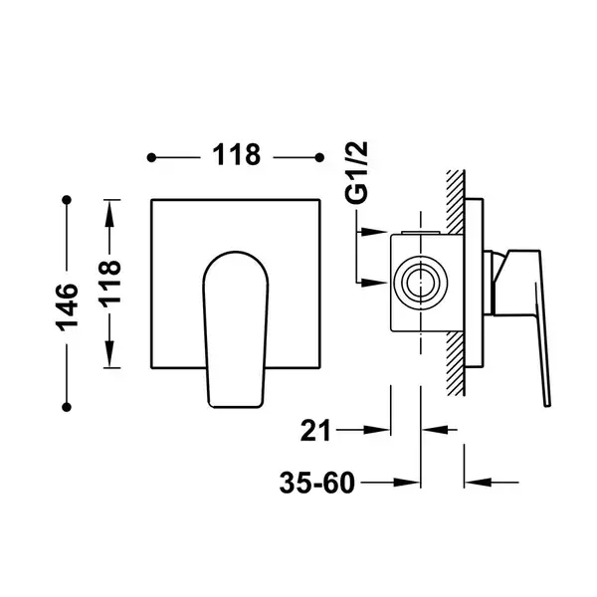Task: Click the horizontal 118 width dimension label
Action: click(x=236, y=155)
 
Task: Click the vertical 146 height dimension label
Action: click(x=67, y=306)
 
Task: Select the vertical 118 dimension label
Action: click(x=109, y=284)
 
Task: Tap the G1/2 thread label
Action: click(x=356, y=172)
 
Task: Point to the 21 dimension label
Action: click(x=315, y=431)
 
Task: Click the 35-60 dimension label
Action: click(x=317, y=483)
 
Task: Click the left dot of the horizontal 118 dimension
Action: click(x=151, y=157)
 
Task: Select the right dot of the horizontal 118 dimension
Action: click(x=319, y=157)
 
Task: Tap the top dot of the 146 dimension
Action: click(x=67, y=200)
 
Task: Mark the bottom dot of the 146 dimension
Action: click(x=67, y=407)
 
